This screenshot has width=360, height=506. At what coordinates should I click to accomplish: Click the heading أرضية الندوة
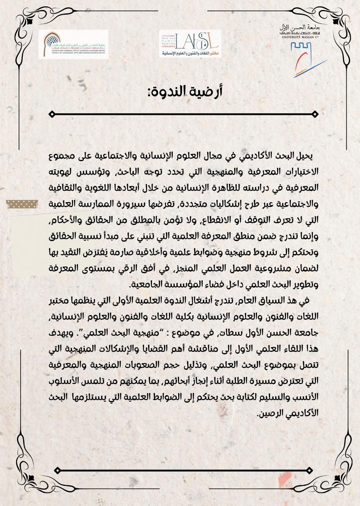185,91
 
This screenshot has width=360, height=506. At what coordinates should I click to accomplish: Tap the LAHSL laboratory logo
190,43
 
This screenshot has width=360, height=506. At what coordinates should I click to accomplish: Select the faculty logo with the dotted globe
73,44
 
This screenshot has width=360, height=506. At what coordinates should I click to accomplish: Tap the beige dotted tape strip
22,204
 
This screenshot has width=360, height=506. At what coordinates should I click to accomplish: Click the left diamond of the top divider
52,114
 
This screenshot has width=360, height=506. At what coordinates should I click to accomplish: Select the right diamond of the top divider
315,114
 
